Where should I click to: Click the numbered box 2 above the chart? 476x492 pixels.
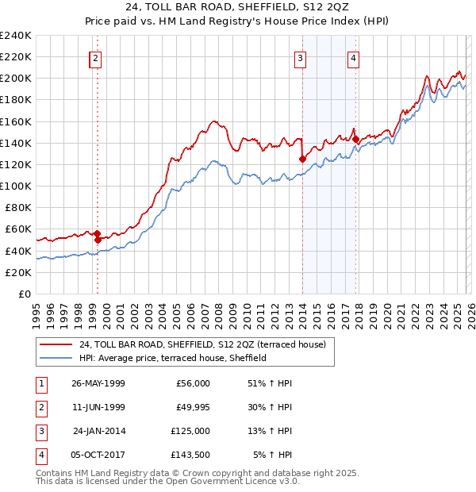click(x=95, y=57)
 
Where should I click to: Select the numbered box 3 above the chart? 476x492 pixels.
click(x=301, y=57)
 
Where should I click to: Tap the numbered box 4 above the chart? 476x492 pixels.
click(x=353, y=57)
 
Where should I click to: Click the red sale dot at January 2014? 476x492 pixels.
click(x=302, y=159)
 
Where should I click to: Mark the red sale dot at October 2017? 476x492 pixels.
click(x=355, y=139)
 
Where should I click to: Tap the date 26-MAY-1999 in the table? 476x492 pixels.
click(x=98, y=383)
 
